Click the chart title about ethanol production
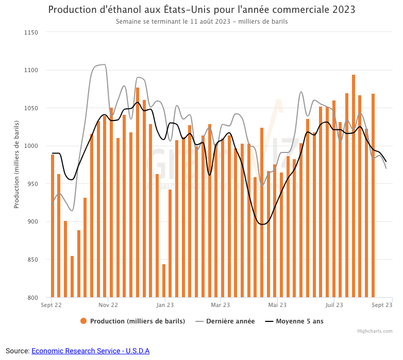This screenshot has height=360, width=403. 202,10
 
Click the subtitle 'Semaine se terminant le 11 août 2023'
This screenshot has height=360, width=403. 202,22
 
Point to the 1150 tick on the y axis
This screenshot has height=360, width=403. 31,32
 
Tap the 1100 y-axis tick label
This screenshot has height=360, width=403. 31,70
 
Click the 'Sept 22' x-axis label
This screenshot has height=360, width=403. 52,305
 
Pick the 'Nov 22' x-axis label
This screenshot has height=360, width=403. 108,305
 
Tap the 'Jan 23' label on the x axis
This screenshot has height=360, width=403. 165,305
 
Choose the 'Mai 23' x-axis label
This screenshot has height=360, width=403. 277,305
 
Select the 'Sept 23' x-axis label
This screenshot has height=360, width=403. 382,305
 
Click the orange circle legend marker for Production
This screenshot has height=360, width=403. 83,321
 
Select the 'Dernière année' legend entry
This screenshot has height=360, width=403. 230,321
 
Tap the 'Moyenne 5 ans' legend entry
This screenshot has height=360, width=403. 299,321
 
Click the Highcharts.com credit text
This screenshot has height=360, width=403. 375,331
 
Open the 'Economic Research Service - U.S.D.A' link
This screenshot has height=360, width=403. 90,351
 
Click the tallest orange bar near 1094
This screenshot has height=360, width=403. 354,185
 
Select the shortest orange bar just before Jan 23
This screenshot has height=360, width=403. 164,281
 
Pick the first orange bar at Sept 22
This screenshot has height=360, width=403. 53,226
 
